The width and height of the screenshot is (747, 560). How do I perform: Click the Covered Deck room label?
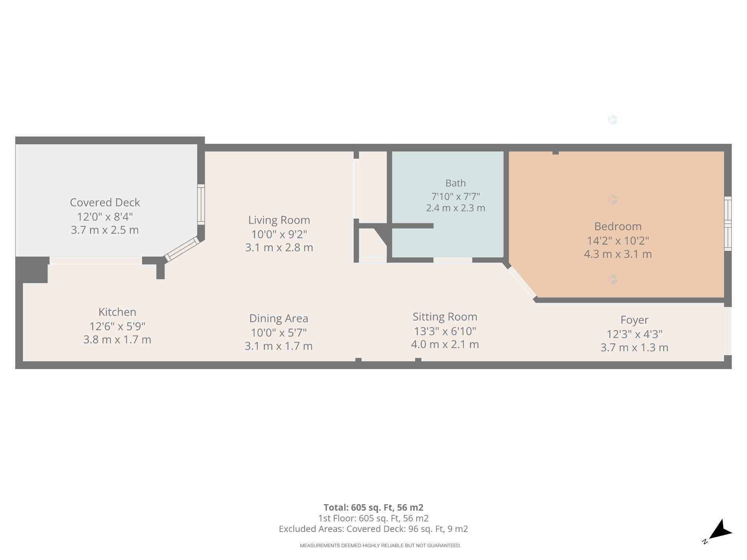click(105, 202)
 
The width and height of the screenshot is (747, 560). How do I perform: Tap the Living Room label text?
click(279, 220)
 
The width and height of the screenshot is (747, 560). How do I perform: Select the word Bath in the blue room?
click(456, 183)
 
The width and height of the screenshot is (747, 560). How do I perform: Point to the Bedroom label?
click(618, 226)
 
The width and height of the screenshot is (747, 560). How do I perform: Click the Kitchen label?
click(117, 312)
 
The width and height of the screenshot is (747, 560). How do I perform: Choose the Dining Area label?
click(279, 318)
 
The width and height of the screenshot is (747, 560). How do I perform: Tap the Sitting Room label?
click(445, 317)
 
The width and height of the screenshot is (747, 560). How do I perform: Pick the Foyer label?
click(634, 320)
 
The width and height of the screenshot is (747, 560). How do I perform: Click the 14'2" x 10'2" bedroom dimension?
click(618, 241)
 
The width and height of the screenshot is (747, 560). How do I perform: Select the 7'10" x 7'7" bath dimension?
click(456, 196)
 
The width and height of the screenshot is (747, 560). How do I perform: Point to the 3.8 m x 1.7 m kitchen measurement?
click(117, 339)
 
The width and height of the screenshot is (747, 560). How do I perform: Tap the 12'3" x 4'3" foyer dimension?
click(634, 334)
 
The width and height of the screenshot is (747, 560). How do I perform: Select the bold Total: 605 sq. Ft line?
click(373, 507)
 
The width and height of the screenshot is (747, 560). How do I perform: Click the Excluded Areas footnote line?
click(373, 529)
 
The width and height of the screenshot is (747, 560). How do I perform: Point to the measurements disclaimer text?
click(380, 546)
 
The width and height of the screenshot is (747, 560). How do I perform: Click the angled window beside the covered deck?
click(182, 248)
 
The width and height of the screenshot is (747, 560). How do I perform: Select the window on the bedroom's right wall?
click(728, 224)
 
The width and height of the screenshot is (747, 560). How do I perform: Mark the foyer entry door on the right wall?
click(728, 331)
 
